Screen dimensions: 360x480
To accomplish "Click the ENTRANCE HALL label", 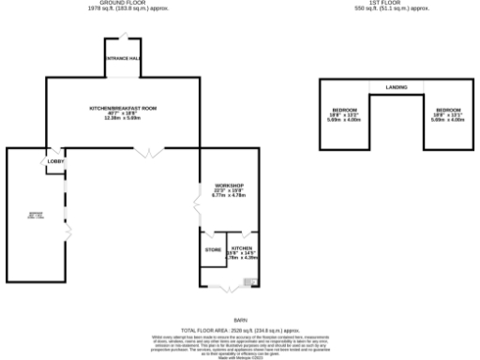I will pyautogui.click(x=123, y=60).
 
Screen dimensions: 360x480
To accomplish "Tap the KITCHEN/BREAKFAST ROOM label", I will pyautogui.click(x=123, y=108).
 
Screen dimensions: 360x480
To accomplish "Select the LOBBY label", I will pyautogui.click(x=54, y=163).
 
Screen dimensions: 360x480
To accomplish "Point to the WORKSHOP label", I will pyautogui.click(x=229, y=186).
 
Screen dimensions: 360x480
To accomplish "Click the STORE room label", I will pyautogui.click(x=213, y=249).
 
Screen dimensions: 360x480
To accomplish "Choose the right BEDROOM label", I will pyautogui.click(x=447, y=110).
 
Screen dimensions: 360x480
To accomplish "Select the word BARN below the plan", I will pyautogui.click(x=240, y=321).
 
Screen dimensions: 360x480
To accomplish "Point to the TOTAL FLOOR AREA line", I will pyautogui.click(x=239, y=330).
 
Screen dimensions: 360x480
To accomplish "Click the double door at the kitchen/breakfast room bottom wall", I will pyautogui.click(x=148, y=150).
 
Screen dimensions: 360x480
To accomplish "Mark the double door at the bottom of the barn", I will pyautogui.click(x=226, y=290).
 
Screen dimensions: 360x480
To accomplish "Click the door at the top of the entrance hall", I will pyautogui.click(x=123, y=37).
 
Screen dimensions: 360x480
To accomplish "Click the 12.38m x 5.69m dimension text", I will pyautogui.click(x=123, y=118).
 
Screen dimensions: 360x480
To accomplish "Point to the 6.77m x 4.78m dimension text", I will pyautogui.click(x=229, y=196).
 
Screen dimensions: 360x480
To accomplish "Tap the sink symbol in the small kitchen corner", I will pyautogui.click(x=249, y=281).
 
